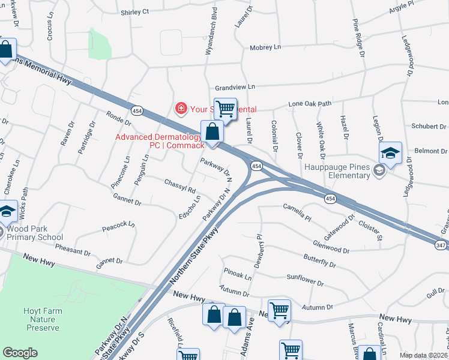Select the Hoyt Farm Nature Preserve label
point(41,319)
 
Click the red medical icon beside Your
point(180,109)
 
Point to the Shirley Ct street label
point(134,12)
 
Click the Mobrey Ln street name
point(265,47)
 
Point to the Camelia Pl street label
point(297,208)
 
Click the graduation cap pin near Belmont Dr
point(390,153)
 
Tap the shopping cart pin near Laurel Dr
point(225,109)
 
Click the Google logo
point(20,353)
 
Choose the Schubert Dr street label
point(428,127)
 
